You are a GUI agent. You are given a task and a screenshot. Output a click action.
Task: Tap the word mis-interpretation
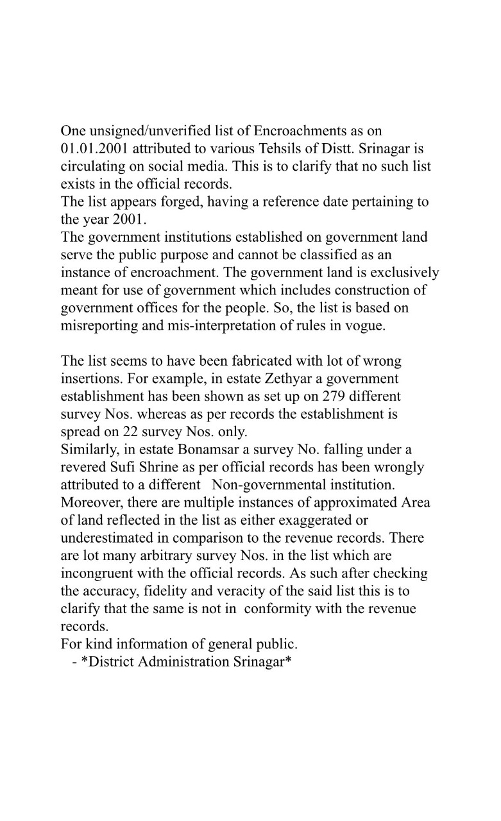212,325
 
